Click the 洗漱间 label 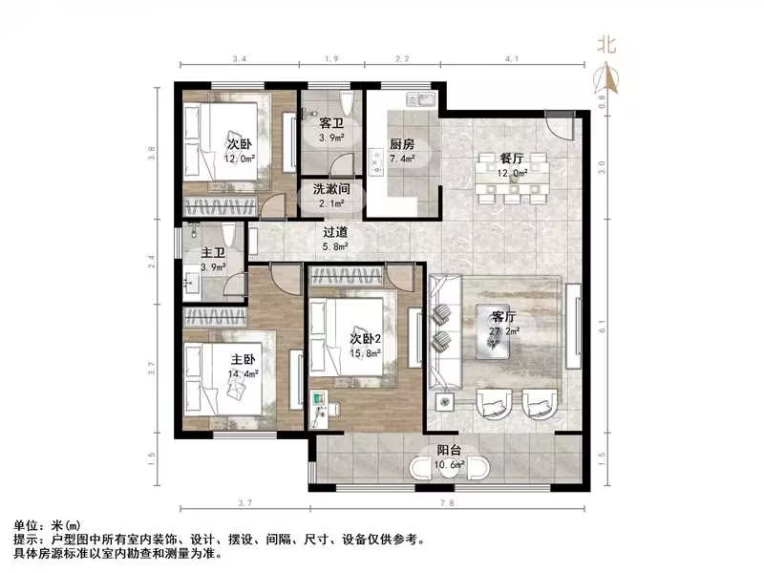click(x=332, y=190)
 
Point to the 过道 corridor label click(x=334, y=232)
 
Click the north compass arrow click(x=605, y=76)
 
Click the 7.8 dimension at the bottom click(x=447, y=502)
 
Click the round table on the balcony click(x=450, y=467)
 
